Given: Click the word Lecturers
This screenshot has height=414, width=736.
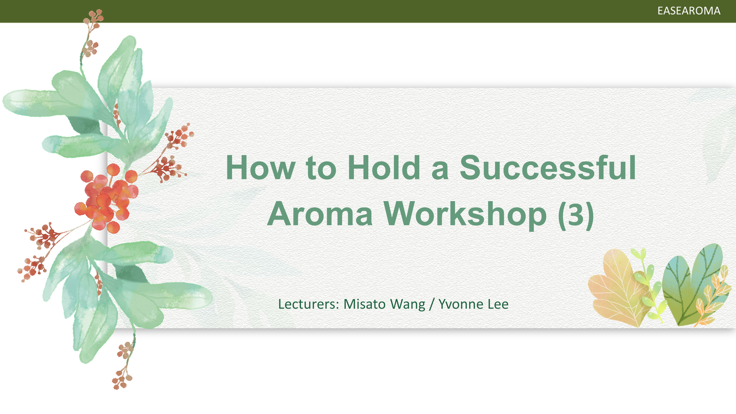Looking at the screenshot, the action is pos(309,304).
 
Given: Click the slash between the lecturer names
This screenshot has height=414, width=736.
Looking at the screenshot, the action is pos(432,305).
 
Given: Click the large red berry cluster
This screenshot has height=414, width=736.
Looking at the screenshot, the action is pos(107,199).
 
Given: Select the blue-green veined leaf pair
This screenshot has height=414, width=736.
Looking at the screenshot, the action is pos(691,284).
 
